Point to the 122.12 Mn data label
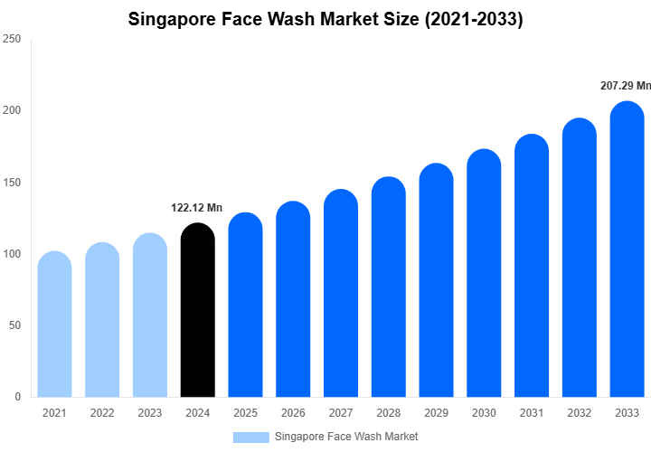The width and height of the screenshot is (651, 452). click(x=198, y=208)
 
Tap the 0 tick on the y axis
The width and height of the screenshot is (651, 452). click(x=17, y=397)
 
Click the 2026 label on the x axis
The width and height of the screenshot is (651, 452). click(x=293, y=413)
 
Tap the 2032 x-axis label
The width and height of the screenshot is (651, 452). click(x=580, y=413)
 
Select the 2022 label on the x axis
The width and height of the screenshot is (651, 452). click(x=102, y=413)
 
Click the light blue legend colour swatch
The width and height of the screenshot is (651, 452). click(x=250, y=437)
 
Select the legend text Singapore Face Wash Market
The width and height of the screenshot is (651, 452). click(x=345, y=437)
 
